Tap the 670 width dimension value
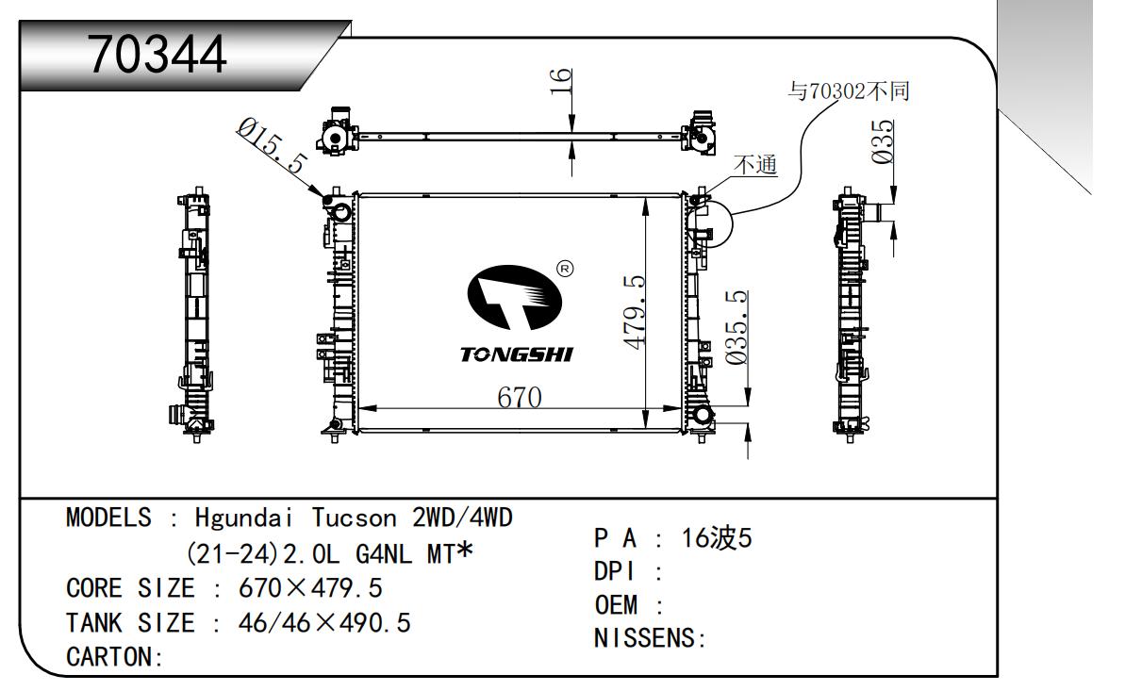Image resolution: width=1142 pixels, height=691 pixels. (520, 398)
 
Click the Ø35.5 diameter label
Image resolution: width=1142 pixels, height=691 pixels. (737, 327)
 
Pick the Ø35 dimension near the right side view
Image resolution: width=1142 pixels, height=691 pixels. (883, 142)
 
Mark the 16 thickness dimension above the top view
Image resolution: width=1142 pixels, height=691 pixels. (560, 86)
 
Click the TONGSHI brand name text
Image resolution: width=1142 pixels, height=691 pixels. (516, 354)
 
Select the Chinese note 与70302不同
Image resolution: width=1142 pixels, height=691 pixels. (848, 91)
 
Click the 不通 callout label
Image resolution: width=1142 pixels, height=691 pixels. (755, 165)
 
